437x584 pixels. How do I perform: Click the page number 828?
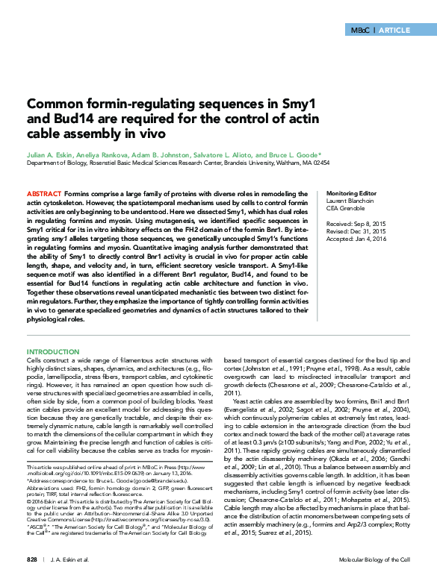[x=32, y=559]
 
